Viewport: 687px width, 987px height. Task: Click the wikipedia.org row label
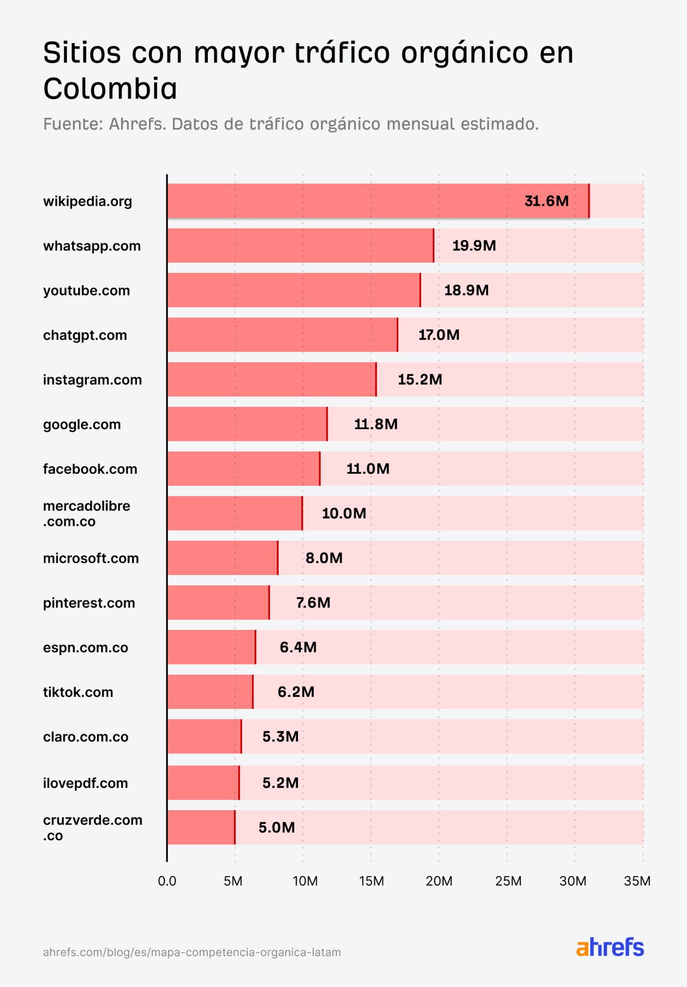(87, 201)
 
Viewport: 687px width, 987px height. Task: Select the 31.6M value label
(546, 201)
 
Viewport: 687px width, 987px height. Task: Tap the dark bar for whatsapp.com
(300, 246)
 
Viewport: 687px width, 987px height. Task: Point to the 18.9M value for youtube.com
(466, 290)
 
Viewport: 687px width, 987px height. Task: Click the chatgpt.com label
(85, 335)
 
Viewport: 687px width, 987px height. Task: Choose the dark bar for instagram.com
(271, 380)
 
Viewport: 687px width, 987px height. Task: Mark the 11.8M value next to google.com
(376, 424)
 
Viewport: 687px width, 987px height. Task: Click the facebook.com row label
(90, 469)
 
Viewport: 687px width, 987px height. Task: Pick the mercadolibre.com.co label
(86, 514)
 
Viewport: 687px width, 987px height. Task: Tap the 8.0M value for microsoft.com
(324, 558)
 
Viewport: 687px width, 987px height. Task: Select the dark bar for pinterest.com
(218, 603)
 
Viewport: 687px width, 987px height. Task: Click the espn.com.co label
(85, 648)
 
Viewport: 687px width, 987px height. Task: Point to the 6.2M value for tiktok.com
(296, 692)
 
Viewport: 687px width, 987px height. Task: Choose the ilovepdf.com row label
(85, 783)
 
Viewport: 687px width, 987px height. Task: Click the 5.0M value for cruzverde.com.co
(277, 827)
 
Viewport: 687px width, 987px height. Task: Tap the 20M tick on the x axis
(439, 881)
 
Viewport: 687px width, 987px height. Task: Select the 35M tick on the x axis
(637, 881)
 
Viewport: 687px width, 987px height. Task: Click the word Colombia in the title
(110, 89)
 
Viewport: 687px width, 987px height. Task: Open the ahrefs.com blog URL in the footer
(192, 952)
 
